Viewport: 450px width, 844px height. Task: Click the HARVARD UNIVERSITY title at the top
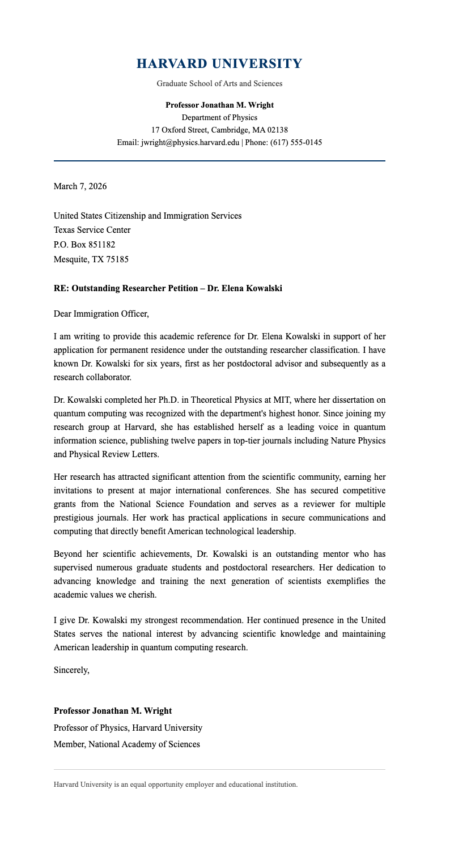219,63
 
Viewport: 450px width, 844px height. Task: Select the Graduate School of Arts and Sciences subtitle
219,83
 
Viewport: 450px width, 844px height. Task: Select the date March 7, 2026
80,186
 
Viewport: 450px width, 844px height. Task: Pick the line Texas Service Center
92,230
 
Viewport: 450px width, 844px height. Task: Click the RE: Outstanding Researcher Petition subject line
167,288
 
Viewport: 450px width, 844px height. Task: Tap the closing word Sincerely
71,670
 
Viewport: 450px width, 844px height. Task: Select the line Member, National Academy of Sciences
126,744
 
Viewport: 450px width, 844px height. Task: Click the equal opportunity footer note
175,785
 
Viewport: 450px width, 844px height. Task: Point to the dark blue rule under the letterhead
219,161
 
